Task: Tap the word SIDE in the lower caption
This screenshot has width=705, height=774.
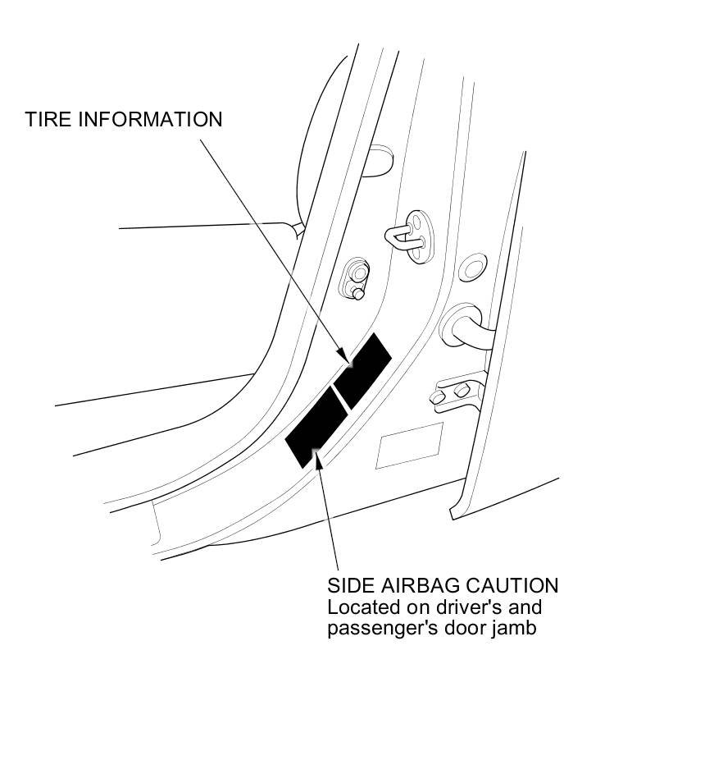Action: point(351,586)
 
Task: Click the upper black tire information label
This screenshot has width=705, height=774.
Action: point(362,369)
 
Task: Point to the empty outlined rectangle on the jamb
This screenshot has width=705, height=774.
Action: point(409,446)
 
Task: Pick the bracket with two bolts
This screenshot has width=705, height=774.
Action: point(453,392)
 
